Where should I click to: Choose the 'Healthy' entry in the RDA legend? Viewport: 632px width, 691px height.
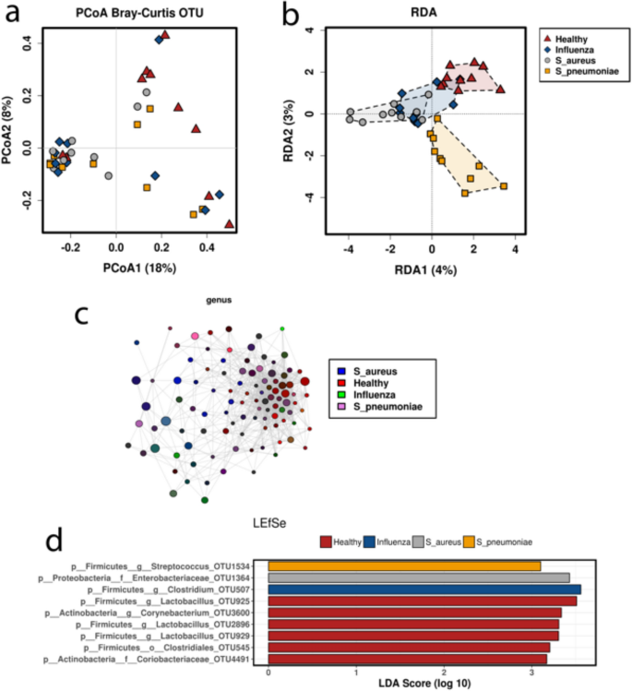click(574, 36)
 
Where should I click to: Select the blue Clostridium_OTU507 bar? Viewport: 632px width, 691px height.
click(424, 589)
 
